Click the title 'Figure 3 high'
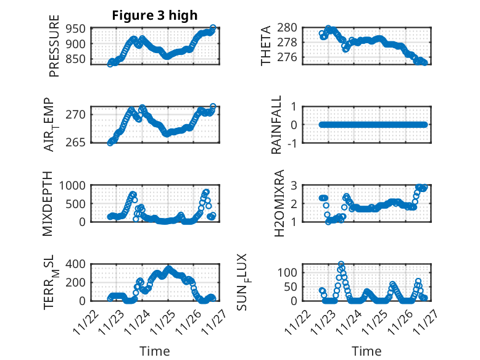click(x=154, y=15)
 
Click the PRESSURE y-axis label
click(x=54, y=50)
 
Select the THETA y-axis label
click(x=266, y=46)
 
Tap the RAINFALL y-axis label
click(x=277, y=125)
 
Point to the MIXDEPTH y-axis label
click(x=48, y=204)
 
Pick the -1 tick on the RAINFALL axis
click(x=293, y=143)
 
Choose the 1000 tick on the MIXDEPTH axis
click(x=74, y=185)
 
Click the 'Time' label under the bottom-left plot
click(x=154, y=351)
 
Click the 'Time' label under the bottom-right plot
click(x=366, y=351)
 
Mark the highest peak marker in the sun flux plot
click(x=341, y=264)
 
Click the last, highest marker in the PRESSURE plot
click(x=213, y=28)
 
